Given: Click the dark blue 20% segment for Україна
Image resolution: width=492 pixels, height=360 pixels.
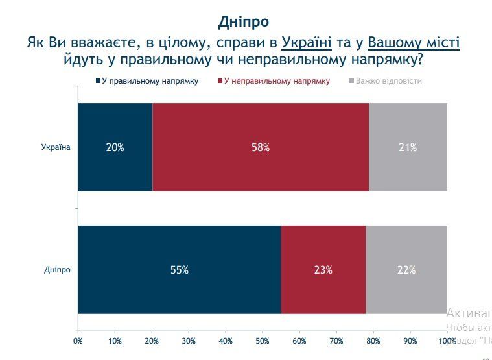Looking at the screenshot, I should pyautogui.click(x=115, y=147).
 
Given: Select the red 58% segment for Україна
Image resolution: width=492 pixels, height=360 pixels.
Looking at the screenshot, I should pyautogui.click(x=261, y=147).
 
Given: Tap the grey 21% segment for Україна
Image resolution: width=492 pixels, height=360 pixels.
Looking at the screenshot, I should pyautogui.click(x=408, y=147).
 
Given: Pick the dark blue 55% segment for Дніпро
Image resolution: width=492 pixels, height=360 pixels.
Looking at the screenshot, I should pyautogui.click(x=180, y=270).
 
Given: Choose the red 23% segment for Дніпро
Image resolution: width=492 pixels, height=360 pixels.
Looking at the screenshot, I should pyautogui.click(x=323, y=270).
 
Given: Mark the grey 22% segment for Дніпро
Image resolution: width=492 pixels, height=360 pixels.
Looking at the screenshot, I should pyautogui.click(x=406, y=270).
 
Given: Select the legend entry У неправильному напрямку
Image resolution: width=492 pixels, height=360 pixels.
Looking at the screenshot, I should pyautogui.click(x=277, y=81).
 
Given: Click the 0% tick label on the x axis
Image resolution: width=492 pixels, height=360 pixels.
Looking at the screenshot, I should pyautogui.click(x=78, y=341).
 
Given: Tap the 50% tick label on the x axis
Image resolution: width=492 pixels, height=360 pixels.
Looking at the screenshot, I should pyautogui.click(x=263, y=341).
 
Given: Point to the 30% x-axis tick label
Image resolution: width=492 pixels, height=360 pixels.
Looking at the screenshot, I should pyautogui.click(x=189, y=341).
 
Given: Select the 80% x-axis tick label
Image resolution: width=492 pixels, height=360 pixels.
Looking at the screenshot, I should pyautogui.click(x=373, y=341).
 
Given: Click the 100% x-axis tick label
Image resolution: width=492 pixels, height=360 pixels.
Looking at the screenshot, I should pyautogui.click(x=447, y=341).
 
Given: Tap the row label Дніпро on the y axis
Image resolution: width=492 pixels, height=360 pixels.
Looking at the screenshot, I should pyautogui.click(x=57, y=270).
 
